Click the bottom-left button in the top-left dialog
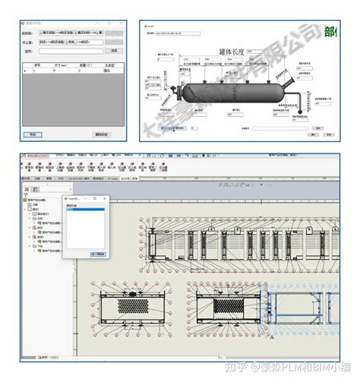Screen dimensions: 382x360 pos(33,134)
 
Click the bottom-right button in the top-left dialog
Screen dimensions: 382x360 pos(102,134)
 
